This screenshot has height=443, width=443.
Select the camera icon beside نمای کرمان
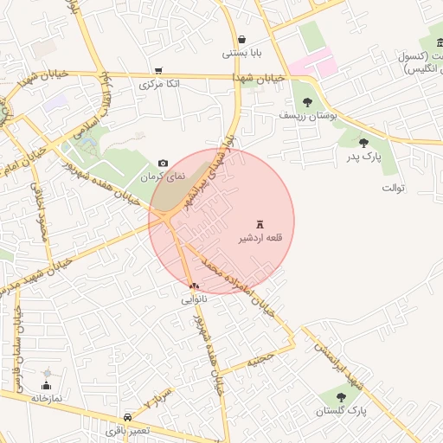(164, 164)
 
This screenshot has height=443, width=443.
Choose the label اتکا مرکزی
(158, 85)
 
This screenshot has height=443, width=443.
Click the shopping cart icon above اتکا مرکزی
(158, 71)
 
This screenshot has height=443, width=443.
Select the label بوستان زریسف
(307, 115)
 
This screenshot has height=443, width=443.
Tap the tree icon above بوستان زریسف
(308, 102)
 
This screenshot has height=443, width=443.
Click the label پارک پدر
(364, 156)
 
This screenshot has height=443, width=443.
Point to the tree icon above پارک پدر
(364, 142)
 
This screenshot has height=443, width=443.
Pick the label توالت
(391, 187)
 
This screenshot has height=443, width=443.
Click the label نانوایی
(193, 299)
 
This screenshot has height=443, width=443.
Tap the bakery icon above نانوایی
(193, 286)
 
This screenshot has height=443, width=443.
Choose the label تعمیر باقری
(128, 429)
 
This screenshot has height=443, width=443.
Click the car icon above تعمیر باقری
(128, 415)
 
